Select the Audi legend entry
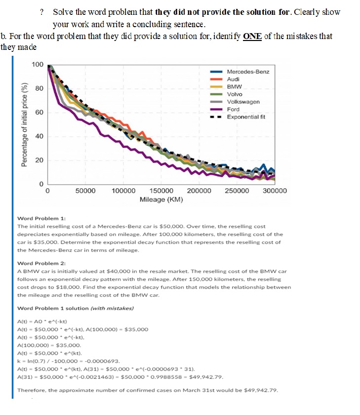233,79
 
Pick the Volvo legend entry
235,94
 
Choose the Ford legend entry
233,109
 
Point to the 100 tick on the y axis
38,65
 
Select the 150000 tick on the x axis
161,191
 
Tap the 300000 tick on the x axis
275,191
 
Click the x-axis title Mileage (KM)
161,200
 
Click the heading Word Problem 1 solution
74,308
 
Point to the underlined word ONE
252,37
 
